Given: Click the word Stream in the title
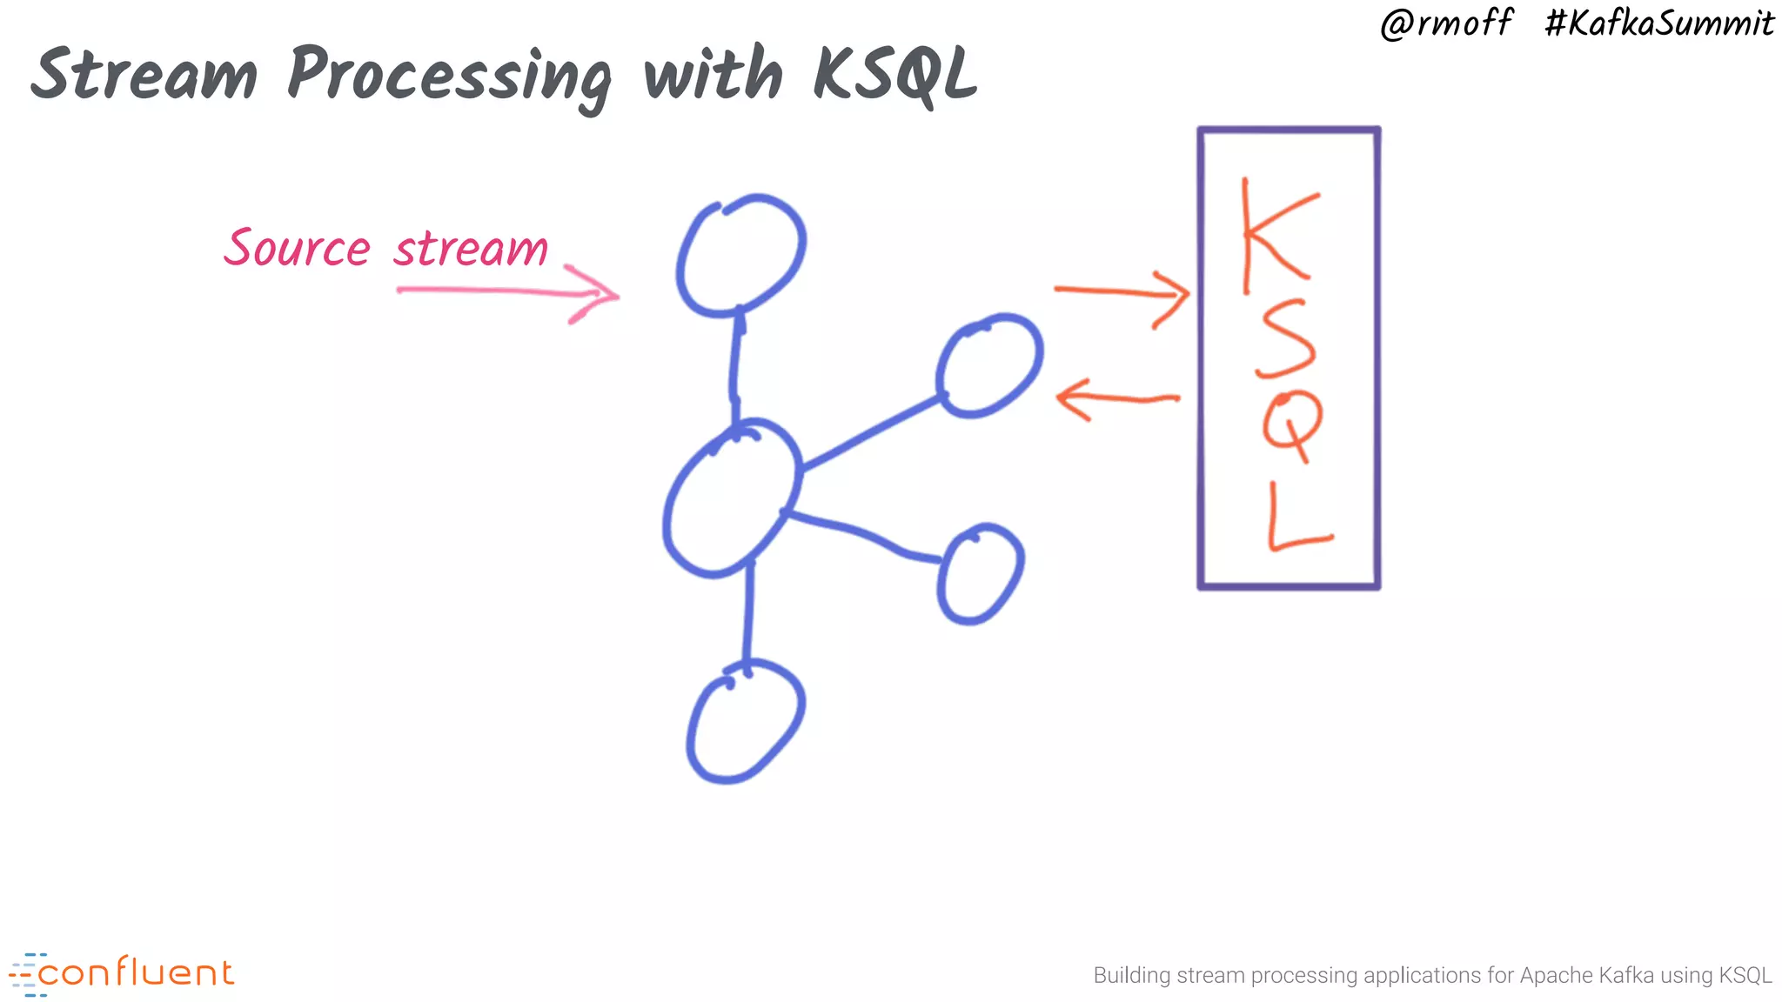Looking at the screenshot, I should [x=144, y=74].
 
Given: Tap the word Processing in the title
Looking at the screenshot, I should [x=449, y=77].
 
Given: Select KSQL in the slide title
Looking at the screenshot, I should [x=894, y=75].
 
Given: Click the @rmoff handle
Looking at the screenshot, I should [x=1446, y=23].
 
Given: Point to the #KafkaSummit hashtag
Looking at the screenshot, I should [x=1658, y=23].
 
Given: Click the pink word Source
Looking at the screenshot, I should [x=298, y=248].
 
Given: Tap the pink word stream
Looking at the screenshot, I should [x=471, y=250].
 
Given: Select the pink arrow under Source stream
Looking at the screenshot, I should [x=508, y=293].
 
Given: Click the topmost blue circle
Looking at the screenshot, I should [x=740, y=254].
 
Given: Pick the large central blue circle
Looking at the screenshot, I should [x=731, y=498].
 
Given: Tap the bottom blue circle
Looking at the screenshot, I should [x=746, y=721].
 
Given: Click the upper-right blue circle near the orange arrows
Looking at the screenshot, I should [x=989, y=365].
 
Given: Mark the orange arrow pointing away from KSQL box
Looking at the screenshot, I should [x=1117, y=399].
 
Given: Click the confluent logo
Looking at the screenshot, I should [x=122, y=973].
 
